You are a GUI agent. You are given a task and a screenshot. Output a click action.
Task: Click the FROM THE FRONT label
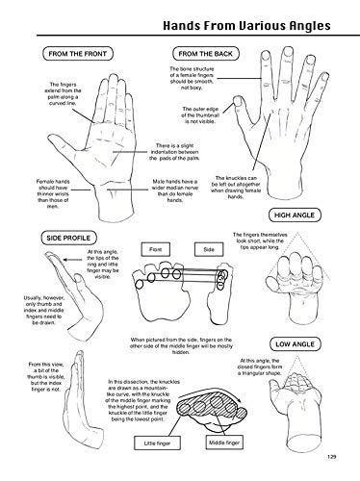point(78,54)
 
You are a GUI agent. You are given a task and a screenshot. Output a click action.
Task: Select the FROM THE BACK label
point(206,54)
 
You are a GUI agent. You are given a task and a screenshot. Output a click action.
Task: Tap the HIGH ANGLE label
point(295,215)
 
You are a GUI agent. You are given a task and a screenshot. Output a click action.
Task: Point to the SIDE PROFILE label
point(68,238)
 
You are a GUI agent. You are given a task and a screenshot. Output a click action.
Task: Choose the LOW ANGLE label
point(295,344)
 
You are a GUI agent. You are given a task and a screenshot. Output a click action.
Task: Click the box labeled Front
point(156,249)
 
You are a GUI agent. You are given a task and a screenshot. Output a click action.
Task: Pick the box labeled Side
point(209,249)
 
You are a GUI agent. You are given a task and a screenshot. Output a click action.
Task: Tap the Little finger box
point(157,443)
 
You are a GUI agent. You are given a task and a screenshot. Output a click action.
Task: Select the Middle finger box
point(224,443)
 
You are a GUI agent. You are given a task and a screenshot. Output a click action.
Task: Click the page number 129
point(331,457)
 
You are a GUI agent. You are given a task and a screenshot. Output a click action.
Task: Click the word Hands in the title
point(182,26)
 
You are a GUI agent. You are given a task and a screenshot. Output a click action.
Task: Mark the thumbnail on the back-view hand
point(237,102)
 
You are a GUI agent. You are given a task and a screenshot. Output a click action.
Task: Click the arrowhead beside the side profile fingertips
point(65,260)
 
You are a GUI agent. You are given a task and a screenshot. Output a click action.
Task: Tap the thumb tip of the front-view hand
point(50,139)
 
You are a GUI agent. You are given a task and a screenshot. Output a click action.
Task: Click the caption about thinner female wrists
point(53,194)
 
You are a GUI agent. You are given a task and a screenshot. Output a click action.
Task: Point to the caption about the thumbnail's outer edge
point(201,115)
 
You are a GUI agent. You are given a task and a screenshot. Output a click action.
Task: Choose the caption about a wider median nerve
point(175,190)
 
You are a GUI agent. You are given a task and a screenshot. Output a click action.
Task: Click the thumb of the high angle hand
point(270,283)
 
